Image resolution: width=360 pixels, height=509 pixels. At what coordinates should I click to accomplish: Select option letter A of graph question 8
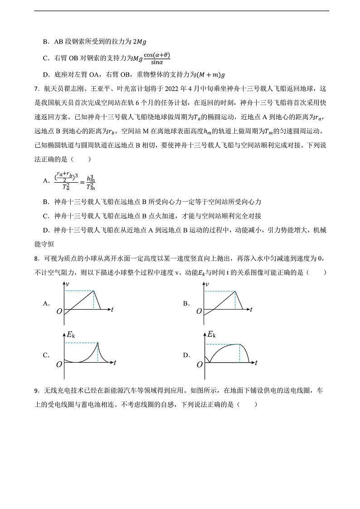(x=46, y=304)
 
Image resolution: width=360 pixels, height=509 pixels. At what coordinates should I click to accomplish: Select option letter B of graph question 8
(x=186, y=304)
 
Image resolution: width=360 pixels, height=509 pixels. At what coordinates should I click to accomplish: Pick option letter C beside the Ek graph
(x=46, y=355)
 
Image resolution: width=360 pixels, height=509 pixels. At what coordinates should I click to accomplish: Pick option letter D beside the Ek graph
(x=186, y=355)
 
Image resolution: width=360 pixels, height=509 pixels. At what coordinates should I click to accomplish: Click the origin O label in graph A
(x=59, y=311)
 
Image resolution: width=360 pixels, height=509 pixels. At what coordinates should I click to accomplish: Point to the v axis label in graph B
(x=207, y=285)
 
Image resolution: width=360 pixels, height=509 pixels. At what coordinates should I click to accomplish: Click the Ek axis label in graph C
(x=71, y=335)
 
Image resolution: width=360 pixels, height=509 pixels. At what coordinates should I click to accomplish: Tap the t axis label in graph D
(x=256, y=363)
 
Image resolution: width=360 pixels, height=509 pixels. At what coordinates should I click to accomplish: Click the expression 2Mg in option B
(x=139, y=42)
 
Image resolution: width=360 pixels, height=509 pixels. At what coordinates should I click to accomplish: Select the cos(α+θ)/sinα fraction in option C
(x=156, y=58)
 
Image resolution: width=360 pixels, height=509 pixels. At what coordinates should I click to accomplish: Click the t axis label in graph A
(x=112, y=310)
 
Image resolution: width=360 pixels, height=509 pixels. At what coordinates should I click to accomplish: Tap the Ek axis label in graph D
(x=211, y=335)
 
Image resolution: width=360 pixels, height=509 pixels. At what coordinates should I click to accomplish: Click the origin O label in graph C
(x=59, y=364)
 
